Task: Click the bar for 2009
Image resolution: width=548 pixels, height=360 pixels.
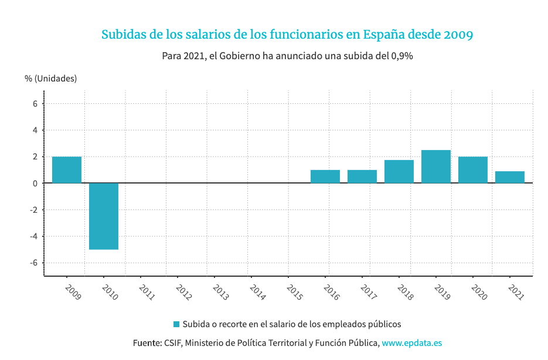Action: tap(67, 170)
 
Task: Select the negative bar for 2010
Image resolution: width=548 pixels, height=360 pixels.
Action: tap(104, 216)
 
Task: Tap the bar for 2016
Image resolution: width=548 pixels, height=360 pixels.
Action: tap(325, 176)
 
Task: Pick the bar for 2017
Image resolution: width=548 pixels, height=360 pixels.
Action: tap(362, 176)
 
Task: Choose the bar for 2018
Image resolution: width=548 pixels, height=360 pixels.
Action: tap(399, 172)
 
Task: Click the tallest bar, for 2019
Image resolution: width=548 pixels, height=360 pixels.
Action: tap(436, 167)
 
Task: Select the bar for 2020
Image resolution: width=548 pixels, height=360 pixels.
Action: tap(473, 170)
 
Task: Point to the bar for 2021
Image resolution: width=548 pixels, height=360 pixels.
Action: tap(510, 177)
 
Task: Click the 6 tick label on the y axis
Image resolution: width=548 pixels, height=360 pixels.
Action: tap(35, 104)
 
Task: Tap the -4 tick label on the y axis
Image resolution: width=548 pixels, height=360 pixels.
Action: tap(34, 236)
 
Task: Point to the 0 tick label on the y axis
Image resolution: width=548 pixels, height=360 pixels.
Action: tap(35, 184)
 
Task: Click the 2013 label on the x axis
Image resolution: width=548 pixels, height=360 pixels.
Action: tap(220, 292)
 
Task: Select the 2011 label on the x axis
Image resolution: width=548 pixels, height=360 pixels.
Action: tap(147, 292)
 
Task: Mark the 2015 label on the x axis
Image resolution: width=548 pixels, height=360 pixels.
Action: tap(294, 292)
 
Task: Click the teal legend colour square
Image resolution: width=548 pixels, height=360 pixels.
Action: tap(176, 324)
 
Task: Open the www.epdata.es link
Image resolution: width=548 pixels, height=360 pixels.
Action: tap(411, 343)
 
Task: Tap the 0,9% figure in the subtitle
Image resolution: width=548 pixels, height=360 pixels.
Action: tap(402, 56)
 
